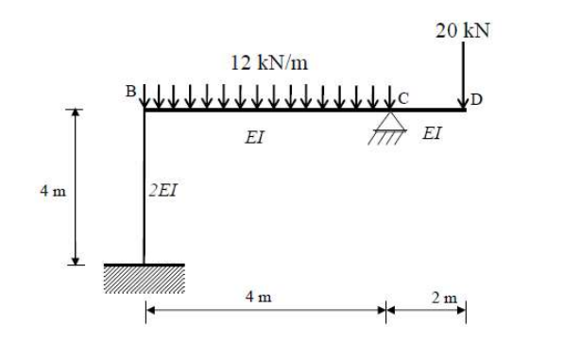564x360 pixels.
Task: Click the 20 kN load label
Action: (x=463, y=29)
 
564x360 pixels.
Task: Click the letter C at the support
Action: (x=403, y=96)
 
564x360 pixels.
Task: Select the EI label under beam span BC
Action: (x=254, y=138)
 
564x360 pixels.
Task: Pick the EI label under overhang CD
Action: (x=431, y=134)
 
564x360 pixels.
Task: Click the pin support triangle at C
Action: (x=385, y=121)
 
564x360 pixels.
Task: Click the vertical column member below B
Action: (x=144, y=189)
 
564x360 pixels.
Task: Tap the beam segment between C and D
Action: (x=425, y=110)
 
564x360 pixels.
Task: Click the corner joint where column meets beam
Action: (x=144, y=110)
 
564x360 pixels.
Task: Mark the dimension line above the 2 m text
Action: (x=425, y=309)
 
